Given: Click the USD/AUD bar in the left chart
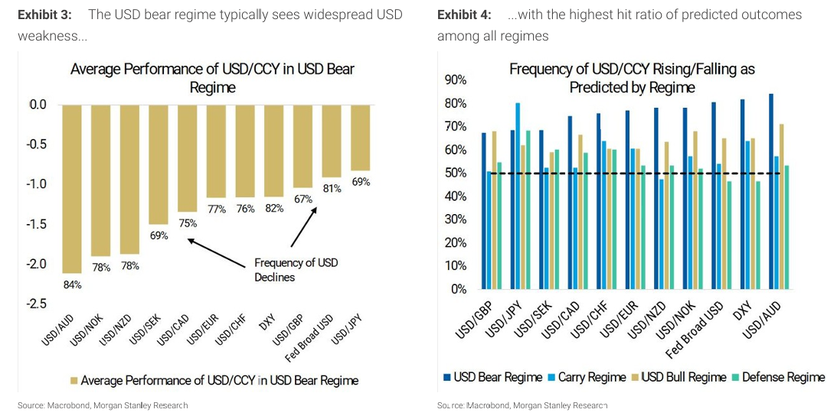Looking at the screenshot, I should (72, 188).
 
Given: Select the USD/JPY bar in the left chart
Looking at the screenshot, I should (360, 138).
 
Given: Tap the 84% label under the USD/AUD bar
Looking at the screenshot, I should (73, 284).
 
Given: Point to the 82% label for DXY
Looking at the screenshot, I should (274, 209).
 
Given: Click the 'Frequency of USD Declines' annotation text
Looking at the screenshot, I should (296, 269).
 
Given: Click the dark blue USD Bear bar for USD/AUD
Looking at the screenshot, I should (770, 191).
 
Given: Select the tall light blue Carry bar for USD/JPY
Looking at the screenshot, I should (518, 196).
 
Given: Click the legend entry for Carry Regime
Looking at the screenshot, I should (587, 377).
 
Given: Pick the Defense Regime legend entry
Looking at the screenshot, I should (777, 377).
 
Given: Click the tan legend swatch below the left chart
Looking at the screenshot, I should (74, 380).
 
